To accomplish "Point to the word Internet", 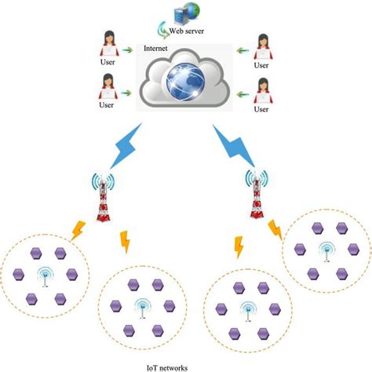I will click(155, 48).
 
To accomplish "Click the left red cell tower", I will click(100, 198).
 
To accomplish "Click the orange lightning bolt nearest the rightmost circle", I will click(276, 230).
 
